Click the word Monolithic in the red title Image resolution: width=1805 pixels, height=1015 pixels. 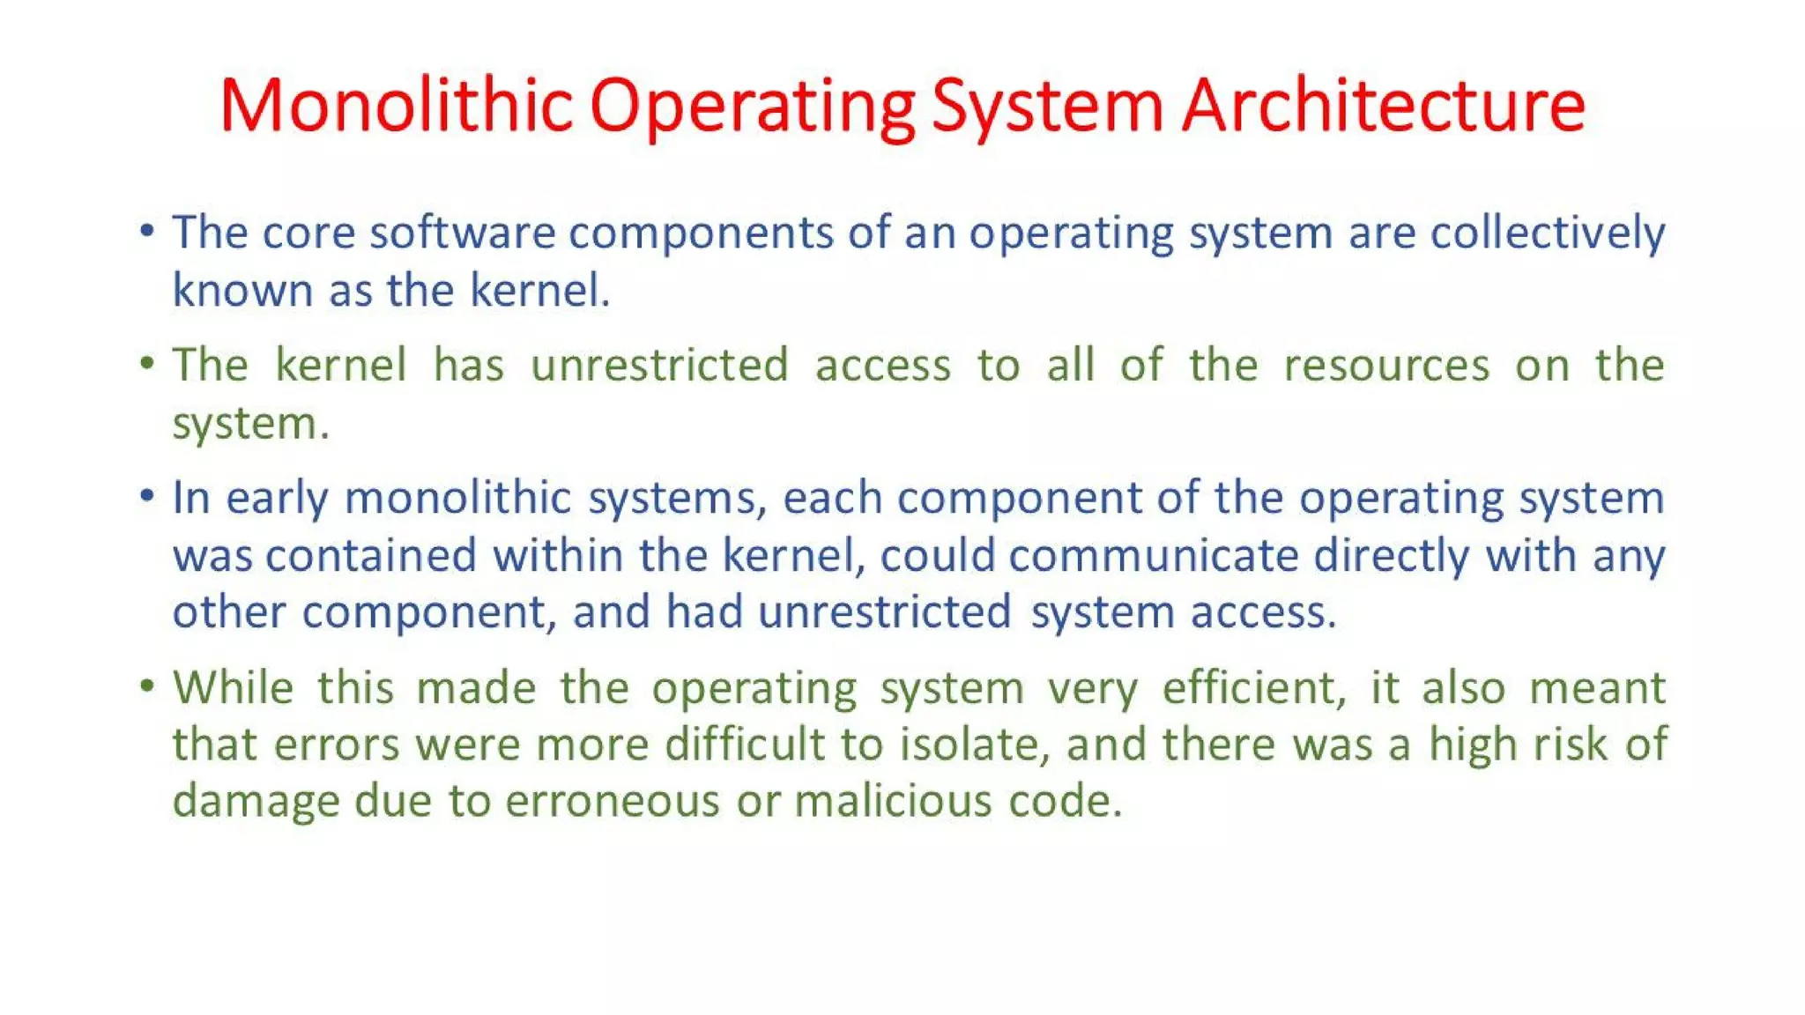tap(396, 106)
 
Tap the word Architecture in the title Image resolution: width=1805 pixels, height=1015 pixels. tap(1383, 106)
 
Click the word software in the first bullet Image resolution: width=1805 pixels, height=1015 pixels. tap(462, 233)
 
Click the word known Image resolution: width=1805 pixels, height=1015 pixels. tap(242, 291)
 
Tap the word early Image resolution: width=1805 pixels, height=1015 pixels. tap(277, 500)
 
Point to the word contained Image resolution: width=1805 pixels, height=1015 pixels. tap(370, 556)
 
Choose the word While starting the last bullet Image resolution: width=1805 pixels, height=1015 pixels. tap(233, 687)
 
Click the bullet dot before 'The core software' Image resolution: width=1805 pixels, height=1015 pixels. tap(147, 231)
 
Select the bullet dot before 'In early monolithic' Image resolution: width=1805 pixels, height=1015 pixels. tap(147, 496)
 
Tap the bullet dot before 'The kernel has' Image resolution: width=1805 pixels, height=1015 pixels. tap(147, 363)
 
